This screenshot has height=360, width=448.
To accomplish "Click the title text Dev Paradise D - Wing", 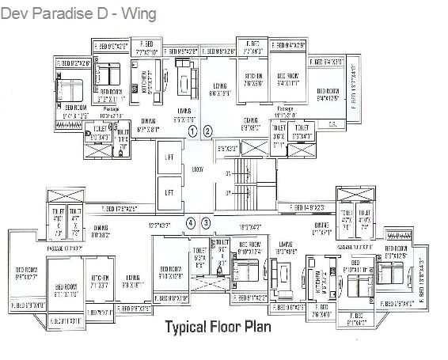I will (x=78, y=14).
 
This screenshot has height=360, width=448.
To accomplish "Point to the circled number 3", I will (x=206, y=224).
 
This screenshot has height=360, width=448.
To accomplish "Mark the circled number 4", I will (x=191, y=224).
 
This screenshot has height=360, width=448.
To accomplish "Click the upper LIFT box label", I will (x=169, y=157).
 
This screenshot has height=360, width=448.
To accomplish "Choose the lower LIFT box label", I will (x=169, y=191).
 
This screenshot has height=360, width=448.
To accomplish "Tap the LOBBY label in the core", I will (x=198, y=169).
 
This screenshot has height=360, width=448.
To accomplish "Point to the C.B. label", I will (x=334, y=123).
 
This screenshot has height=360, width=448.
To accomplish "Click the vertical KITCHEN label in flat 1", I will (x=145, y=81).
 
